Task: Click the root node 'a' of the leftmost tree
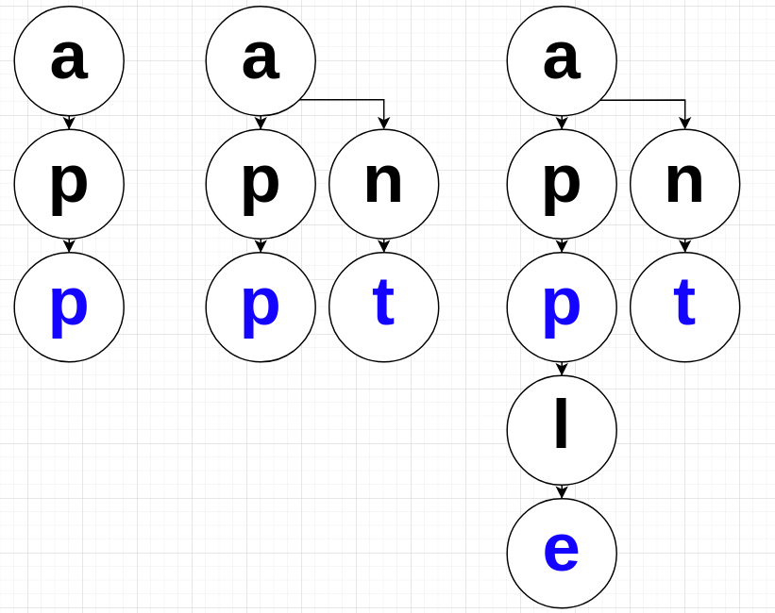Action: point(69,60)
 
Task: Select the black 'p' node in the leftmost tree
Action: point(69,184)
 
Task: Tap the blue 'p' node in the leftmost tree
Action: point(69,306)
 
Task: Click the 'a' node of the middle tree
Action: point(261,60)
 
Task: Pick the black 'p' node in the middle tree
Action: point(261,184)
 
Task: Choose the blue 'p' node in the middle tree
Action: point(261,306)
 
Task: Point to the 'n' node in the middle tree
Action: point(383,184)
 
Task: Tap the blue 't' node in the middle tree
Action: point(383,306)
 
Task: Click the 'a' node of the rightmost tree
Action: point(562,60)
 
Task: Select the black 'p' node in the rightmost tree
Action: point(562,184)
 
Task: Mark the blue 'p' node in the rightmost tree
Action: point(562,306)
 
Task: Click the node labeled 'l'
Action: point(562,430)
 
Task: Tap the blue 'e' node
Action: point(562,553)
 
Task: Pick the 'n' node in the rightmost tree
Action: point(684,184)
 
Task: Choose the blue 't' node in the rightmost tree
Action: point(684,306)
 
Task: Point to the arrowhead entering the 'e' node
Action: point(562,493)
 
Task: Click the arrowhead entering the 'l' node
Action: point(562,370)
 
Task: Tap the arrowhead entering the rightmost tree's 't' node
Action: point(684,247)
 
